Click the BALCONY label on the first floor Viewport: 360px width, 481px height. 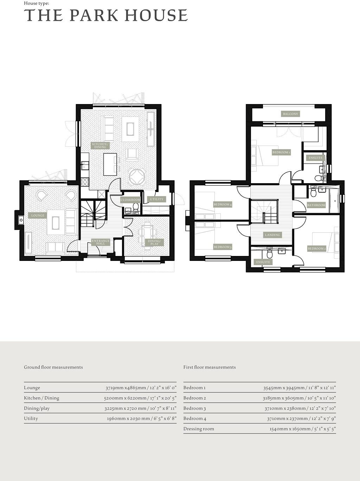pos(290,114)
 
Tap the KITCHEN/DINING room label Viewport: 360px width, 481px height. pos(100,146)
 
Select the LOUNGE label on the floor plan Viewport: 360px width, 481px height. pos(38,216)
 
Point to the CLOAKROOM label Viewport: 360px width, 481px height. pos(130,200)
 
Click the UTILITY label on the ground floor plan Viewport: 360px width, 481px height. pos(156,199)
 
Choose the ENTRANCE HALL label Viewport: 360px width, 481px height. pos(101,242)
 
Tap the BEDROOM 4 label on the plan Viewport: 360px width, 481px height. pos(223,204)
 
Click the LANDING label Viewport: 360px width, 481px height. pos(272,235)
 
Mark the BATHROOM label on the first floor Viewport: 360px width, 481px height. pos(316,205)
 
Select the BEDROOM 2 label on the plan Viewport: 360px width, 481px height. pos(317,249)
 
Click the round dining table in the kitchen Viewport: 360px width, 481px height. pos(137,177)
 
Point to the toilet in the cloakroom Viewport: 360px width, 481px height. pos(136,207)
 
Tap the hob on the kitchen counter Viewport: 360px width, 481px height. pos(85,181)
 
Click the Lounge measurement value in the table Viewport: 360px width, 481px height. pos(141,388)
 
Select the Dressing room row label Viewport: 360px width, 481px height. pos(199,429)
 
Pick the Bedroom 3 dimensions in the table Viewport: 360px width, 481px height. pos(300,409)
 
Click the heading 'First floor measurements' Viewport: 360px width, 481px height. pos(210,367)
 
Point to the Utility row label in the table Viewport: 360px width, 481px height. pos(31,418)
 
